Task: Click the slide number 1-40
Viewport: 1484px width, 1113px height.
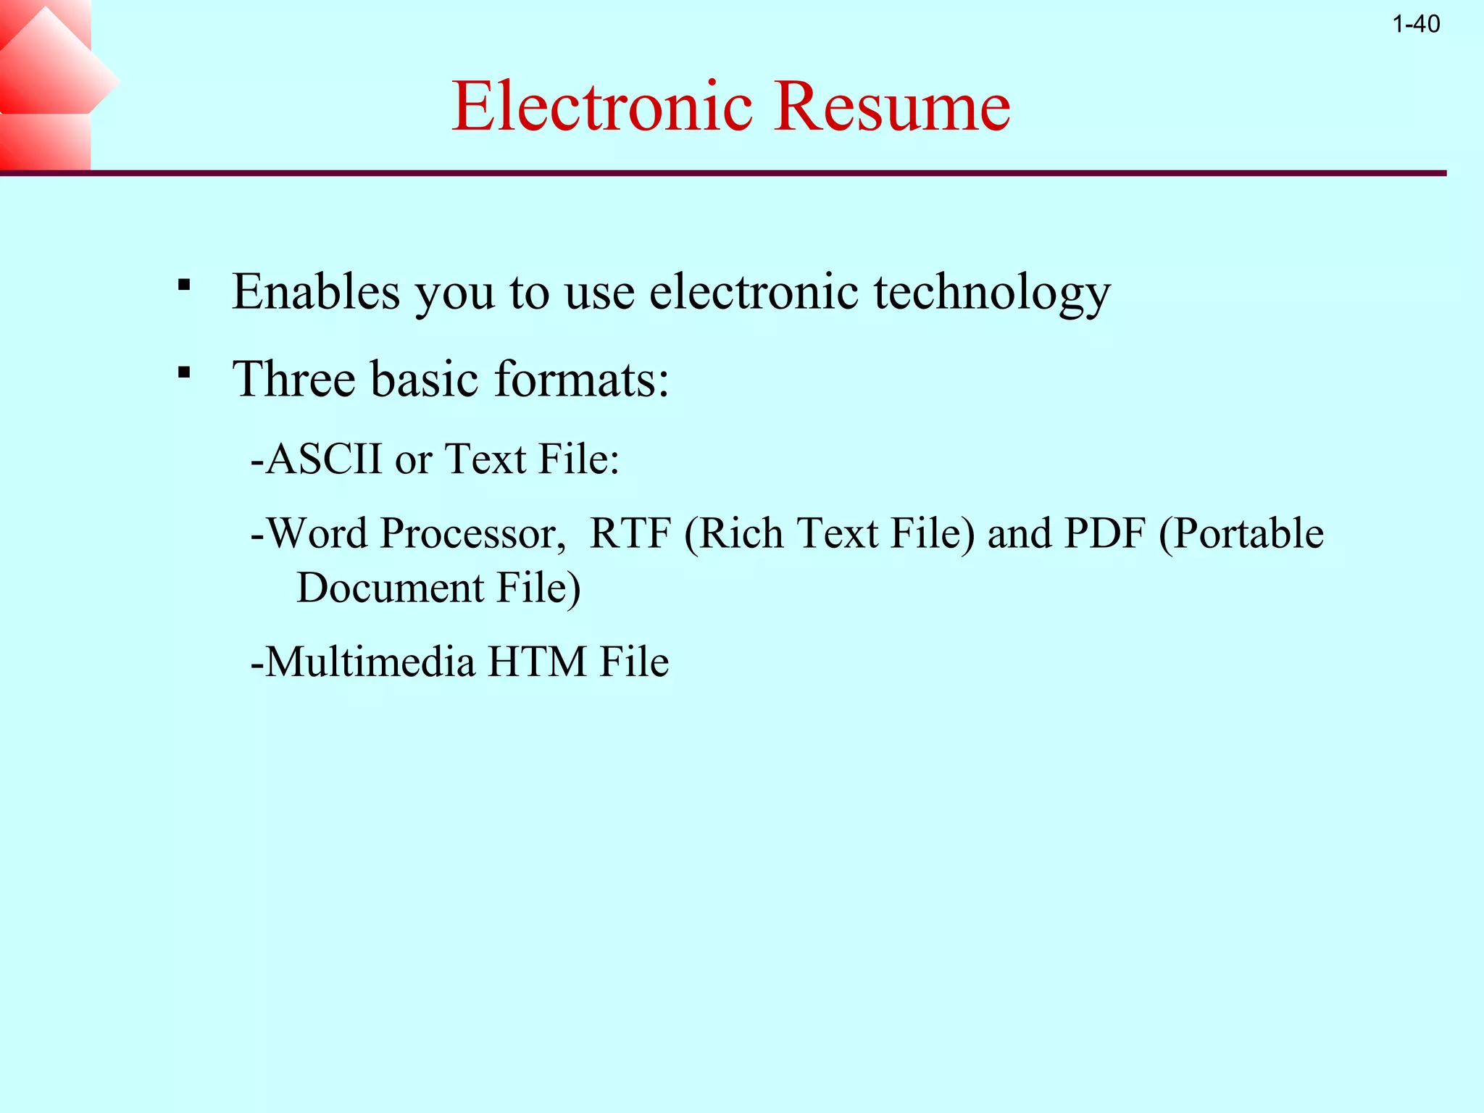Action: (1416, 25)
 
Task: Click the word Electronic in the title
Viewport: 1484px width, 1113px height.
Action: (602, 107)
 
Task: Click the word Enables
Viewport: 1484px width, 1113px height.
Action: (316, 291)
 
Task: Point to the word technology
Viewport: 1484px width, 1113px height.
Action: (992, 293)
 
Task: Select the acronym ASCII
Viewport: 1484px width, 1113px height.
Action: (324, 459)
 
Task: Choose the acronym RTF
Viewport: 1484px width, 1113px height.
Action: (630, 533)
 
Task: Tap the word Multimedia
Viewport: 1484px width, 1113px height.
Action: (370, 662)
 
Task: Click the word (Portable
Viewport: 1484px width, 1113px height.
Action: (1241, 533)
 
